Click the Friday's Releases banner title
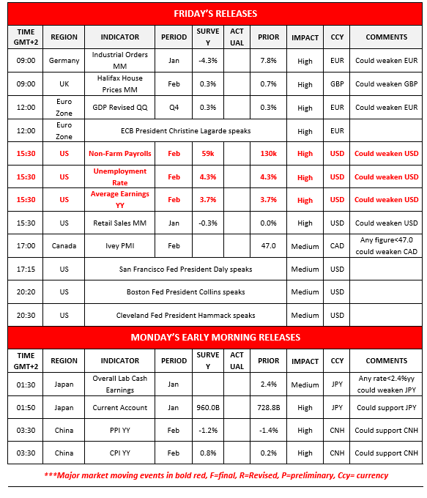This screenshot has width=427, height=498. [215, 14]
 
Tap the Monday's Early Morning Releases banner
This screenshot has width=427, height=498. [215, 338]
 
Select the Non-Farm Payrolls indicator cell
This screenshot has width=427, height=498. [119, 154]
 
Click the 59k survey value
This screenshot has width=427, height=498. [207, 154]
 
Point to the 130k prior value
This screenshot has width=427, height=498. [268, 154]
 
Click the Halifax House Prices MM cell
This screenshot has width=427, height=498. [119, 84]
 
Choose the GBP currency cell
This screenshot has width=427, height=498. [337, 84]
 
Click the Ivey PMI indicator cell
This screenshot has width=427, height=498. [119, 247]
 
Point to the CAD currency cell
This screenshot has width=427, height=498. [337, 247]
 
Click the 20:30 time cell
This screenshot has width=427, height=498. [26, 315]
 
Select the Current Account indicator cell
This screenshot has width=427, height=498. [119, 407]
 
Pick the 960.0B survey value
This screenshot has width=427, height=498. [207, 407]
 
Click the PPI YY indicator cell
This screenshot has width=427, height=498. [119, 431]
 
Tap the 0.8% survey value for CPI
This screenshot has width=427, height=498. [207, 453]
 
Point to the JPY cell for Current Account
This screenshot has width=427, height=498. [337, 407]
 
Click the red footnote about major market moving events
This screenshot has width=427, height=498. [215, 475]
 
